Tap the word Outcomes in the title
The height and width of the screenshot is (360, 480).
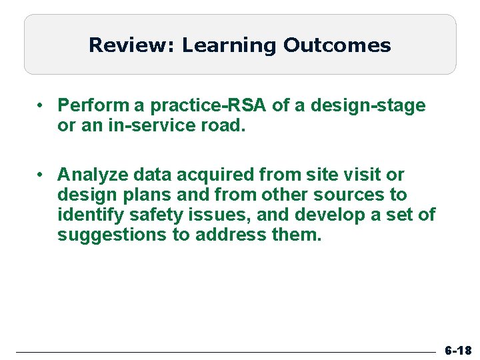[337, 45]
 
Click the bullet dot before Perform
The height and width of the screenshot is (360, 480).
[41, 105]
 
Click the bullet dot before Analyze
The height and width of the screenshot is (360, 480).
[41, 175]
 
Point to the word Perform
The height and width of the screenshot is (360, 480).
[89, 105]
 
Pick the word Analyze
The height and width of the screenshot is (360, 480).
[89, 175]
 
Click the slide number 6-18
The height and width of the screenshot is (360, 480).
[458, 350]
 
